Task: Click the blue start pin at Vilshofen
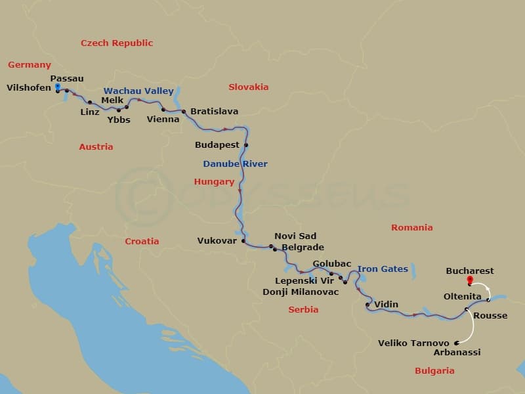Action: (58, 87)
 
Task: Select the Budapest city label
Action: (217, 144)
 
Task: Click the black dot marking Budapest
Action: (247, 145)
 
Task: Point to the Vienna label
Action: (163, 120)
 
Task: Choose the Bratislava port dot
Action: (184, 112)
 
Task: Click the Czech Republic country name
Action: (117, 43)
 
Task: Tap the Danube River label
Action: (235, 164)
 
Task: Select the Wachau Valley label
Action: (138, 91)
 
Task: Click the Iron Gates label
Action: (383, 269)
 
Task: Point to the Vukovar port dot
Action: (243, 241)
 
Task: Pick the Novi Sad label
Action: (295, 236)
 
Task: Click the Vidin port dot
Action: (367, 305)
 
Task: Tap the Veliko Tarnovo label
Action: (413, 343)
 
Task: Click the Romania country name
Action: (411, 228)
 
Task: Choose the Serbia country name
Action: (303, 309)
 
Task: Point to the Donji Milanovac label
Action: (301, 292)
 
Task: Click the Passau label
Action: (67, 79)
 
